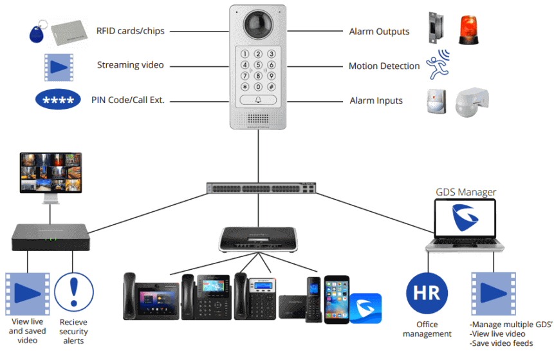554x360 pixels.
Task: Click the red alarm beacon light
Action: click(x=469, y=30)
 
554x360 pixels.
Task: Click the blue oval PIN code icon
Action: click(x=58, y=100)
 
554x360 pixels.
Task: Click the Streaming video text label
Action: click(x=131, y=65)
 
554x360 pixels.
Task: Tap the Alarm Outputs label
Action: click(x=379, y=31)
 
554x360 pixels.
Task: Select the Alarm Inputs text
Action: click(x=376, y=100)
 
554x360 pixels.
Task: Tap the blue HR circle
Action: click(x=427, y=293)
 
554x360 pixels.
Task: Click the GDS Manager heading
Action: click(x=466, y=191)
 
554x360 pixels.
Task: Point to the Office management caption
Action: click(x=427, y=328)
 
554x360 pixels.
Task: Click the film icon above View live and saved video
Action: click(x=28, y=293)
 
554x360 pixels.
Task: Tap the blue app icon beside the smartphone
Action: click(x=365, y=308)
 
